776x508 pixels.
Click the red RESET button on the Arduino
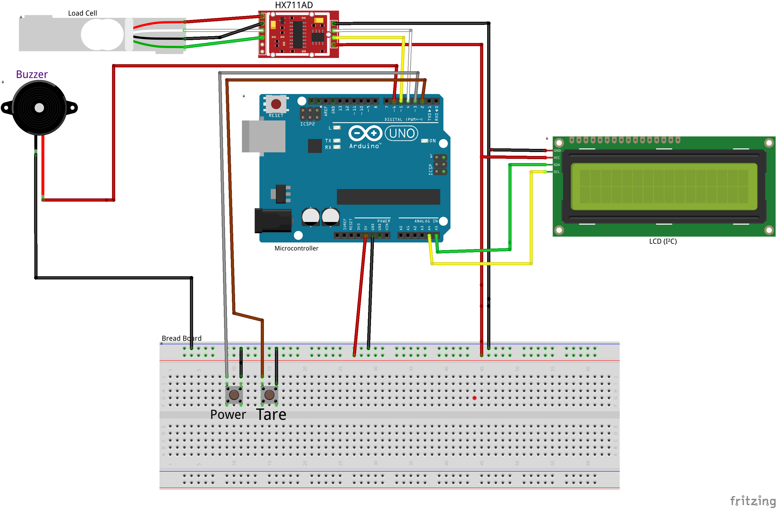click(x=276, y=104)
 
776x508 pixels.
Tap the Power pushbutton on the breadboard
click(x=234, y=394)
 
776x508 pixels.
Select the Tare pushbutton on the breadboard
click(x=269, y=394)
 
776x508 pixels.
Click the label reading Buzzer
click(x=32, y=74)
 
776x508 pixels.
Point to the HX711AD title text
click(x=294, y=5)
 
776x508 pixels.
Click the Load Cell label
click(x=82, y=13)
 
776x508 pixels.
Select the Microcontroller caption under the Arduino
click(x=296, y=248)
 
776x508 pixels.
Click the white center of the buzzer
click(x=39, y=107)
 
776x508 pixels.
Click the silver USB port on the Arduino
click(x=263, y=136)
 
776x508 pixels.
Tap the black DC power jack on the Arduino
click(x=273, y=221)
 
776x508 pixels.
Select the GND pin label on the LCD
click(x=557, y=150)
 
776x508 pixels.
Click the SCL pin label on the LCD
click(x=557, y=172)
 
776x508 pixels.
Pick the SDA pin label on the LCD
click(x=557, y=165)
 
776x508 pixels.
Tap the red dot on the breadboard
click(x=474, y=398)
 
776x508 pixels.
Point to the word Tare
click(x=271, y=414)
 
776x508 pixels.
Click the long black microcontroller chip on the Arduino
click(x=388, y=197)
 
